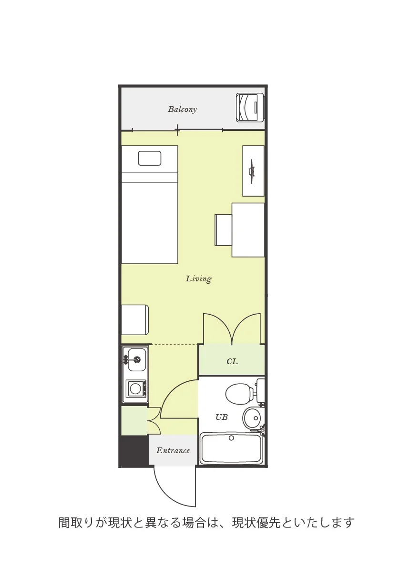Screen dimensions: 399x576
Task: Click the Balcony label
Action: click(x=182, y=109)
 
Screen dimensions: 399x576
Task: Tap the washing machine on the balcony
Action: click(x=250, y=107)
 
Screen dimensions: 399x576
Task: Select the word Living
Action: click(x=198, y=279)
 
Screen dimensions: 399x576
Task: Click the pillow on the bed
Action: click(x=149, y=158)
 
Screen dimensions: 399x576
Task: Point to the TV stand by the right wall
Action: click(x=253, y=171)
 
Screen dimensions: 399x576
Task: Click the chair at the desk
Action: click(x=223, y=230)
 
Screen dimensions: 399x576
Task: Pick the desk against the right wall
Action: click(x=248, y=230)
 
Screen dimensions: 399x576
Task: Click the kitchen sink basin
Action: click(x=137, y=359)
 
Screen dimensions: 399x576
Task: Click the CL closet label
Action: click(x=232, y=361)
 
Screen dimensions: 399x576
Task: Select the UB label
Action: click(x=222, y=417)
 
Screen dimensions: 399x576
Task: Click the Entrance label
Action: click(x=173, y=450)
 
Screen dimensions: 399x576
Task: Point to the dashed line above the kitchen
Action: click(x=175, y=344)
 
